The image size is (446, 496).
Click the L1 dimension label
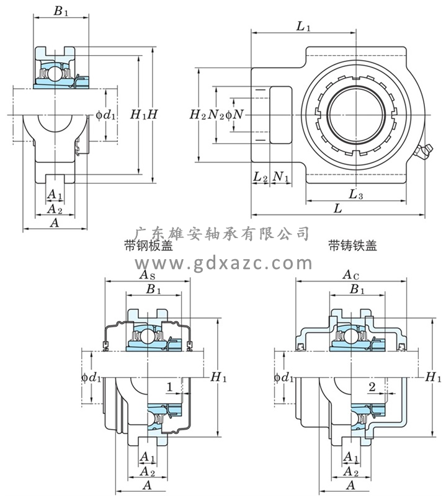(x=303, y=26)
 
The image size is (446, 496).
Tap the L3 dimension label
(x=356, y=195)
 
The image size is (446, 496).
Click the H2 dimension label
(x=197, y=115)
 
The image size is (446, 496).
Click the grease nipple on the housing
(x=424, y=151)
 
